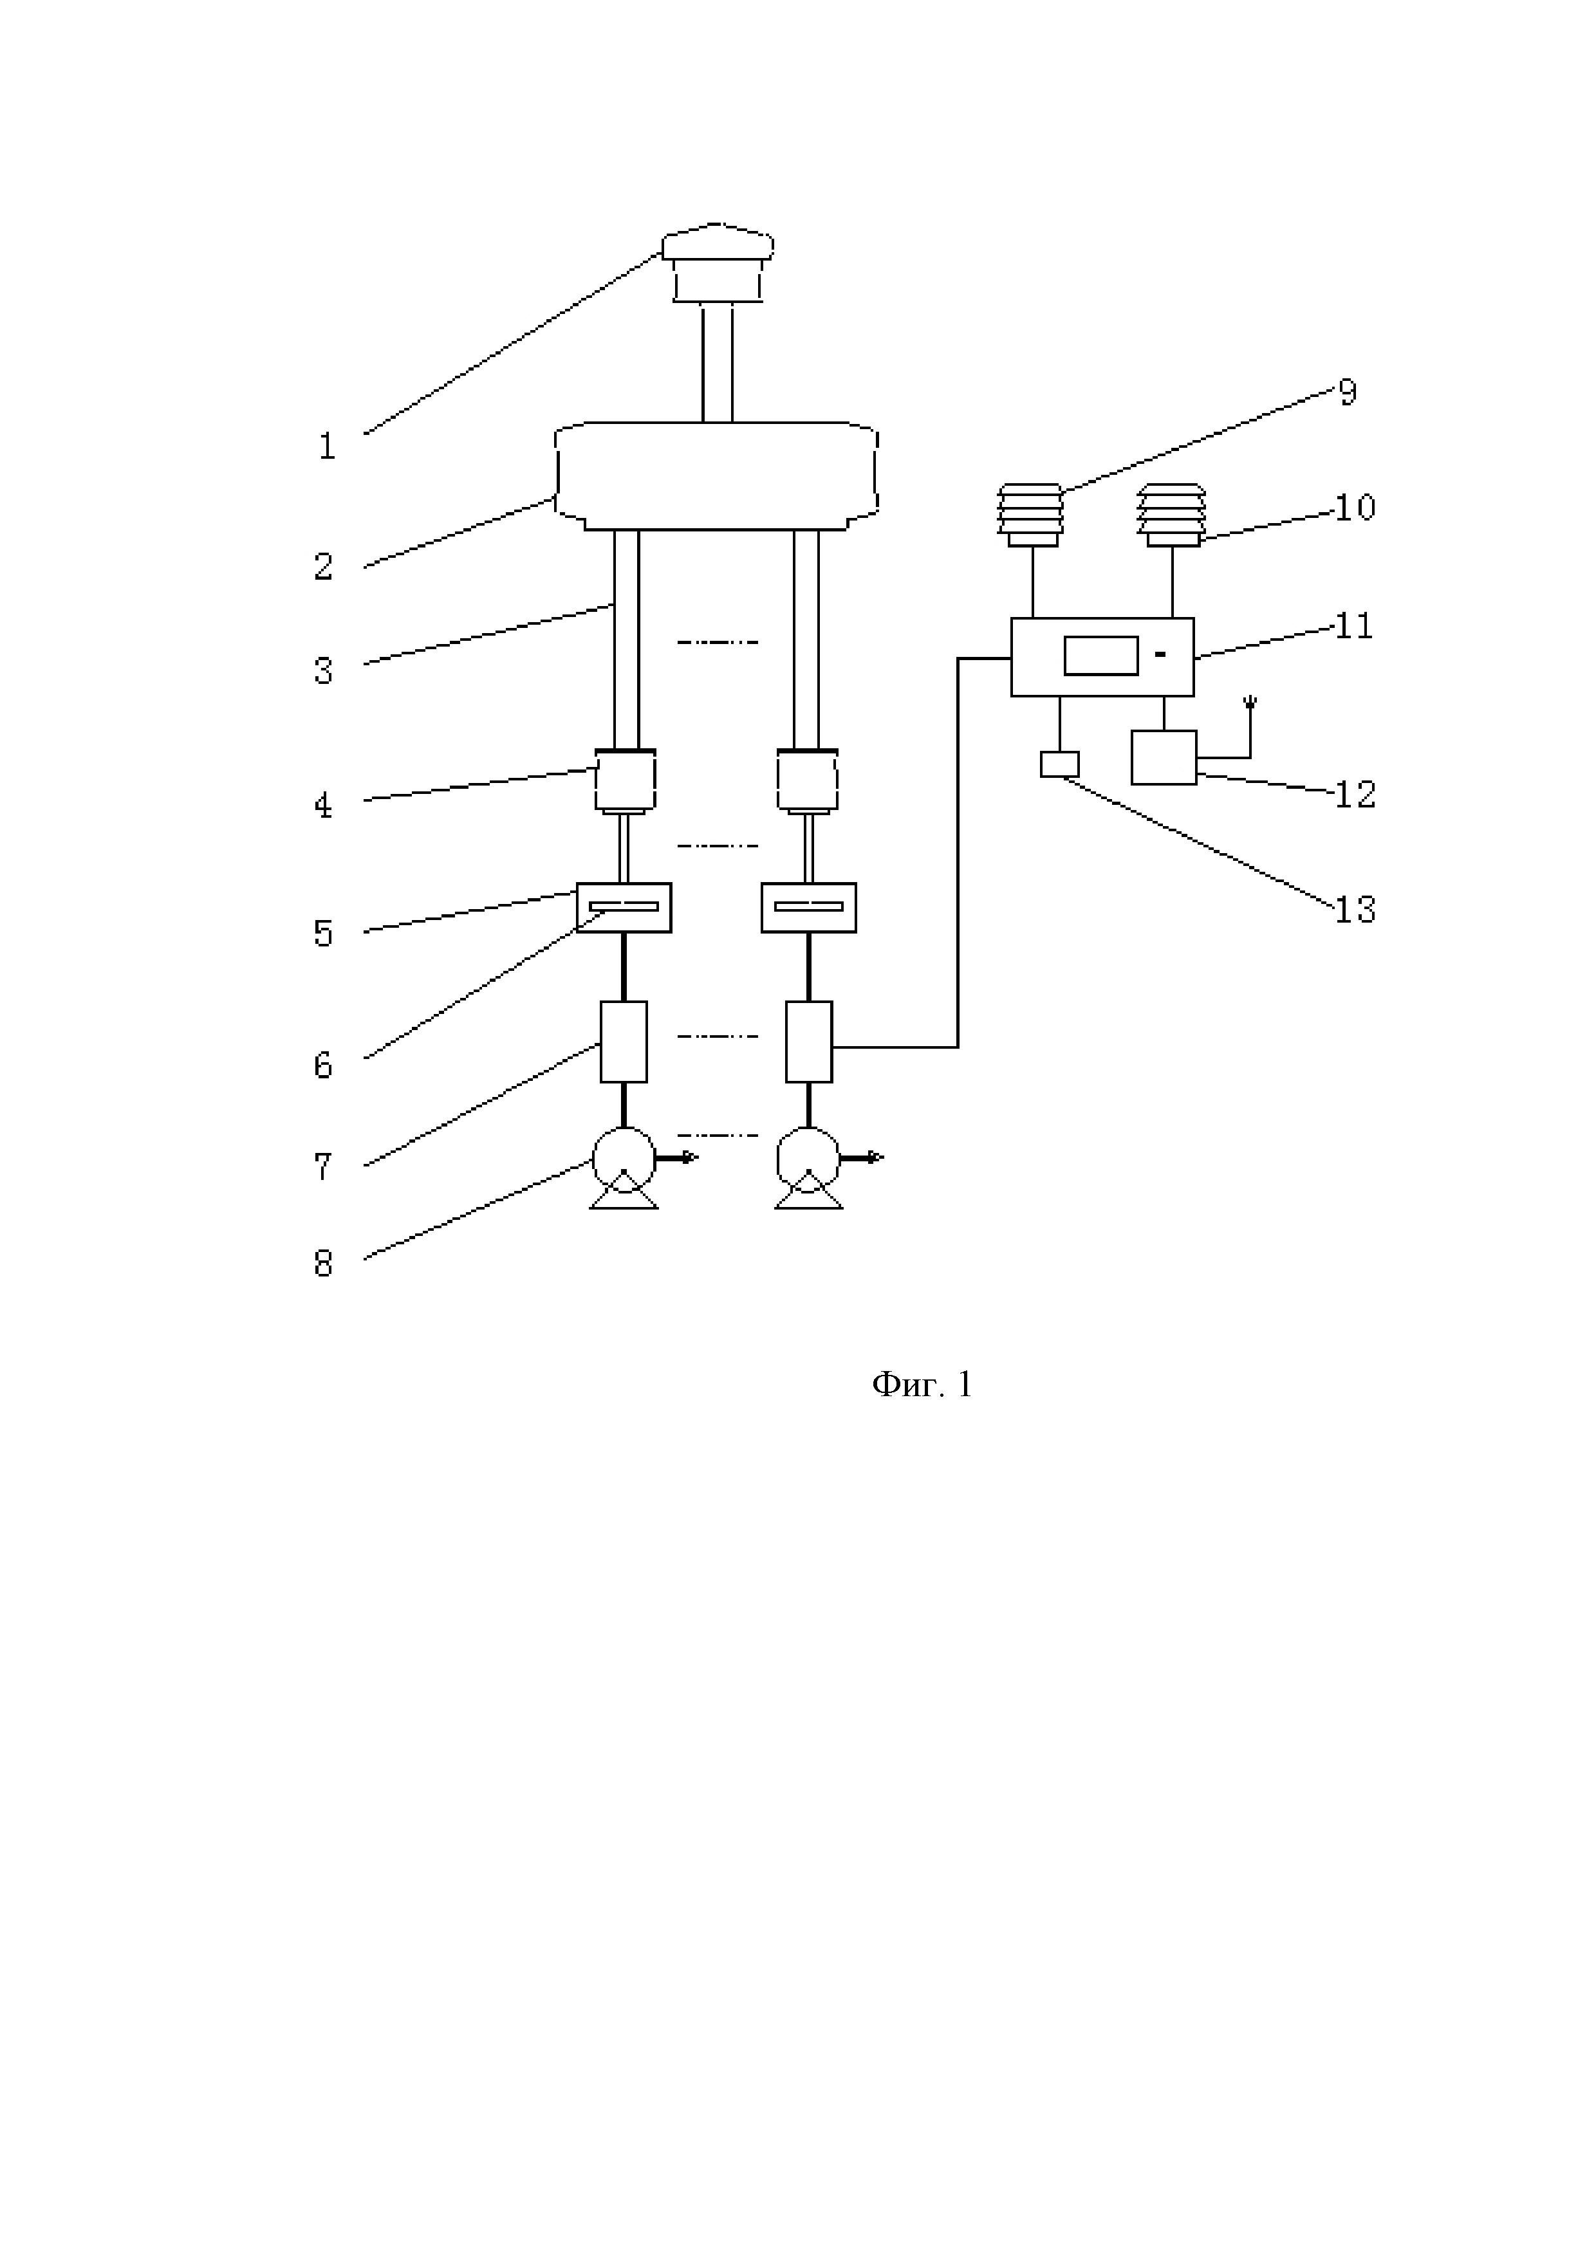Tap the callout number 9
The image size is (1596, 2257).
click(1347, 393)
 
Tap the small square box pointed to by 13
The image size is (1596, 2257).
click(1059, 764)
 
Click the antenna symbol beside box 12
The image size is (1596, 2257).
click(1250, 704)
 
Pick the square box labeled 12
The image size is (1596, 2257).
click(1164, 757)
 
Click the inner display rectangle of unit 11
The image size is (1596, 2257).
click(1100, 656)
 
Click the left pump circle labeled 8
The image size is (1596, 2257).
click(624, 1158)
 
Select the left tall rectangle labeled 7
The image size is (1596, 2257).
click(624, 1041)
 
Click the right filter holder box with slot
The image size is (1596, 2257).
click(808, 907)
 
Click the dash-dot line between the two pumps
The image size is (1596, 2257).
click(717, 1136)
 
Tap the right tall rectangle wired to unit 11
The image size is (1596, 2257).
click(808, 1041)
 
